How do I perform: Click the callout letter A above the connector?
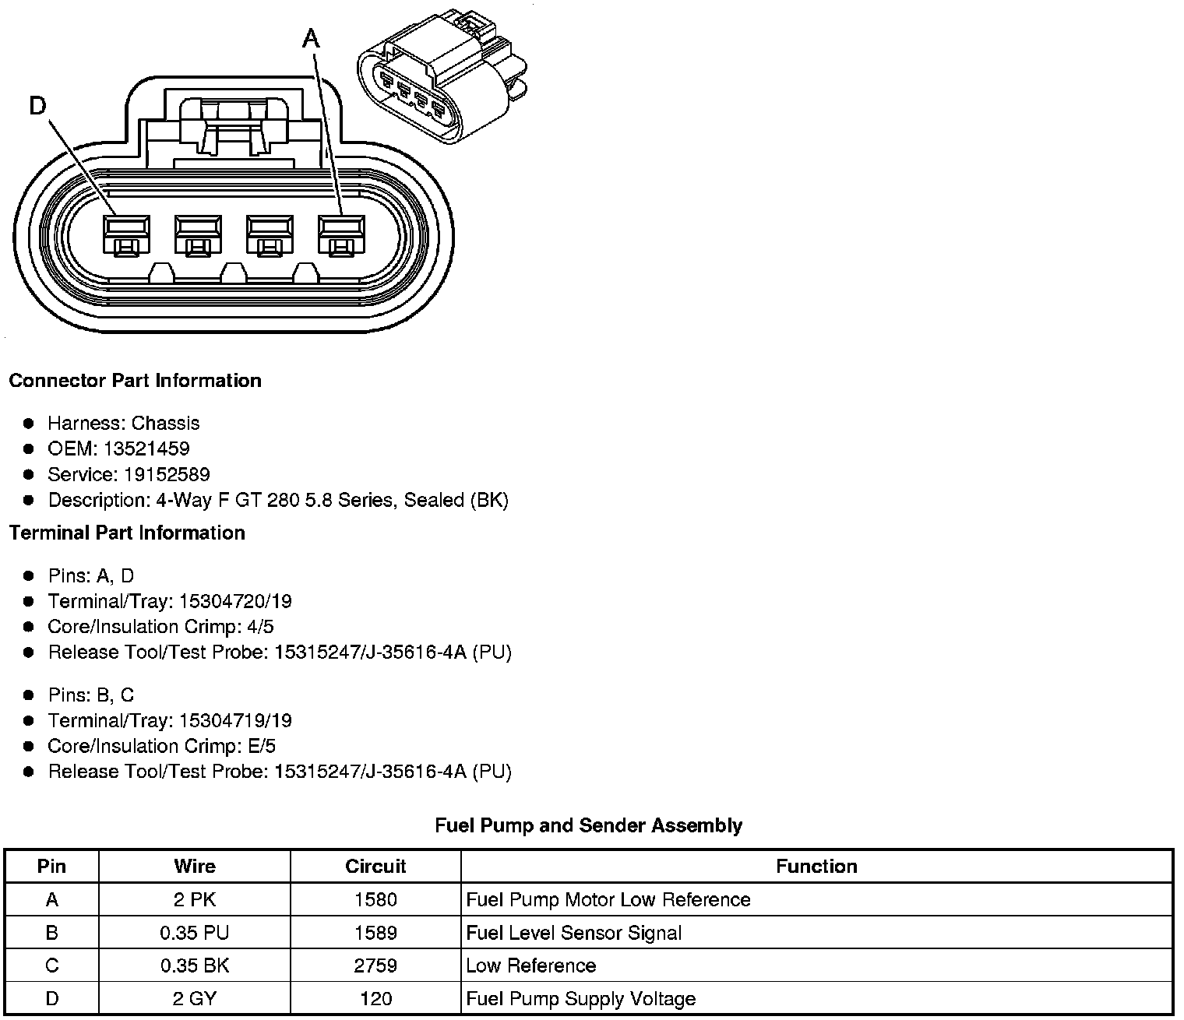(x=311, y=37)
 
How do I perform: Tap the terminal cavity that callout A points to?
(x=341, y=233)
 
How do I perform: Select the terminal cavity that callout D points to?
(x=126, y=233)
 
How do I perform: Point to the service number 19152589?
(x=167, y=474)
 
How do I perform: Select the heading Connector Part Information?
(x=135, y=381)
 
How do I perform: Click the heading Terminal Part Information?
(x=127, y=533)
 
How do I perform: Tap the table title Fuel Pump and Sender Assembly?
(x=588, y=825)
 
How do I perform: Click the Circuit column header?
(x=375, y=867)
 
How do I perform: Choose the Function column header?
(x=816, y=867)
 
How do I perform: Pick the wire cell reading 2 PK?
(x=195, y=900)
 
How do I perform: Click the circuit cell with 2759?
(x=375, y=965)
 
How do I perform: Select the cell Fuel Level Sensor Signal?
(x=574, y=933)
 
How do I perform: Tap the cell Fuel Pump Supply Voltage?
(x=581, y=999)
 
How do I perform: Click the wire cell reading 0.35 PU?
(x=195, y=933)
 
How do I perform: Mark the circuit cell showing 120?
(x=375, y=999)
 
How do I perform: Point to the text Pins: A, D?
(x=90, y=575)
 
